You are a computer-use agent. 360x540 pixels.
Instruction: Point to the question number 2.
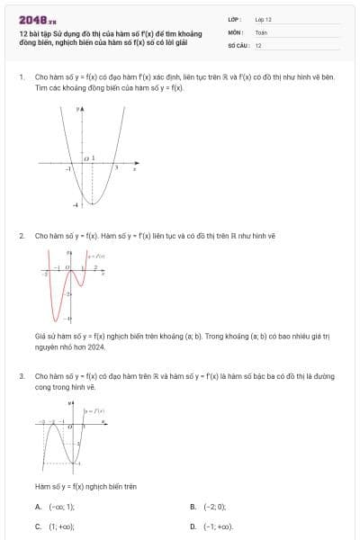[21, 236]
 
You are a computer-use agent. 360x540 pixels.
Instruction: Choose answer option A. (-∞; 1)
[54, 507]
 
